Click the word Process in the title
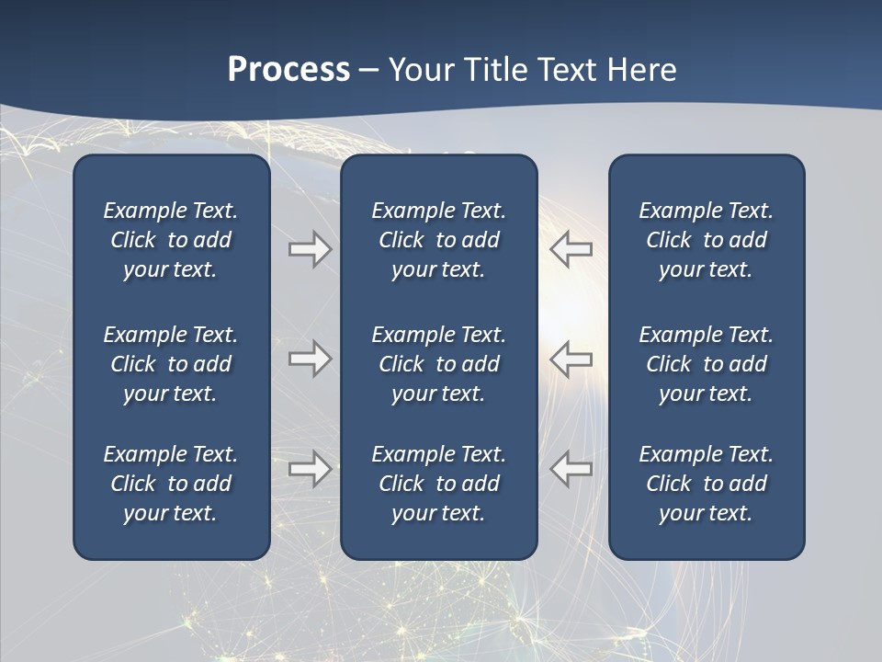pos(288,69)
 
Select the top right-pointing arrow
pos(311,249)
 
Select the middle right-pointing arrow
pos(311,359)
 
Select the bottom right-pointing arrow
pos(311,469)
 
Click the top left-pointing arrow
pos(571,249)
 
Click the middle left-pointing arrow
pos(571,359)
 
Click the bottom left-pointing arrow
pos(571,469)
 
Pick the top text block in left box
pos(171,240)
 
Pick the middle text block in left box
pos(171,364)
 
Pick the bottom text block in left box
pos(171,484)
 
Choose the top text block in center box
pos(438,240)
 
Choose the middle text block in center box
pos(438,364)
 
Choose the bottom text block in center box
pos(438,484)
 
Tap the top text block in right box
pos(706,240)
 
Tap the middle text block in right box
pos(706,364)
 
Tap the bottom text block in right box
pos(706,484)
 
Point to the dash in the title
pos(368,70)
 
